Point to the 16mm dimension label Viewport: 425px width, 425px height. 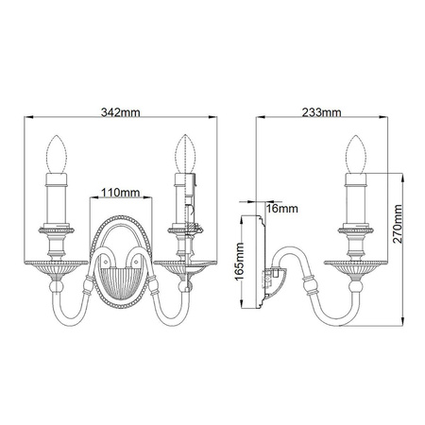click(x=280, y=206)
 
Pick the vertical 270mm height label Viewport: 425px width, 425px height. click(x=399, y=228)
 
